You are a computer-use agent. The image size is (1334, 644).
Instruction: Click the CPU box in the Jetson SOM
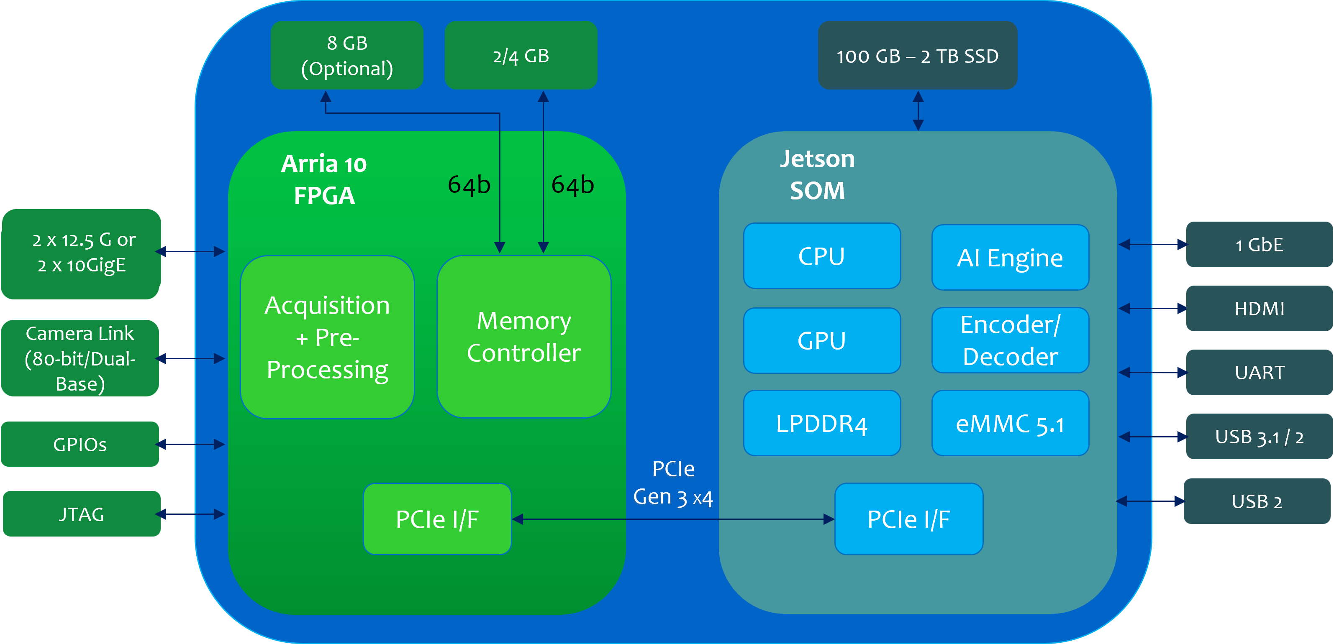[x=822, y=256]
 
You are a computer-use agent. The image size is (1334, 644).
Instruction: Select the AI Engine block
[x=1010, y=257]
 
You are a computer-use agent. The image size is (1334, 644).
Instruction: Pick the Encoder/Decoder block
[x=1010, y=340]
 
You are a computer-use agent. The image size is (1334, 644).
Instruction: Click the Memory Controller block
[x=523, y=337]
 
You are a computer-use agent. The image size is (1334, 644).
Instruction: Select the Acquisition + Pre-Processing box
[x=327, y=337]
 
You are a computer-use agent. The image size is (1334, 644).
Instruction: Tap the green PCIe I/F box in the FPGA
[x=437, y=519]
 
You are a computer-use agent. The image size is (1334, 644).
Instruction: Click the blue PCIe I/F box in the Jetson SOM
[x=909, y=519]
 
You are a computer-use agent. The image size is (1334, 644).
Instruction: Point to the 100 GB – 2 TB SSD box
[x=917, y=55]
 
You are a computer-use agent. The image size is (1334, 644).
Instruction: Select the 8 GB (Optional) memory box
[x=347, y=55]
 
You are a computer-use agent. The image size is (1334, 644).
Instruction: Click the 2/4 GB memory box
[x=521, y=55]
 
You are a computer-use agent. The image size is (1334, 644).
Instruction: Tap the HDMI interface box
[x=1259, y=309]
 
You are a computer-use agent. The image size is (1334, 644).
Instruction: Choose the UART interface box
[x=1259, y=372]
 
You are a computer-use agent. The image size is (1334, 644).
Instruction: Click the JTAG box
[x=81, y=514]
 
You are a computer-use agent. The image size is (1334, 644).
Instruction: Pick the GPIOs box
[x=80, y=444]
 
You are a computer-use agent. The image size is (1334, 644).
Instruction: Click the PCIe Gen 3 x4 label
[x=673, y=483]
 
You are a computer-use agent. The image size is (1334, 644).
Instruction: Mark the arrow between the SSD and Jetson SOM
[x=918, y=110]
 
